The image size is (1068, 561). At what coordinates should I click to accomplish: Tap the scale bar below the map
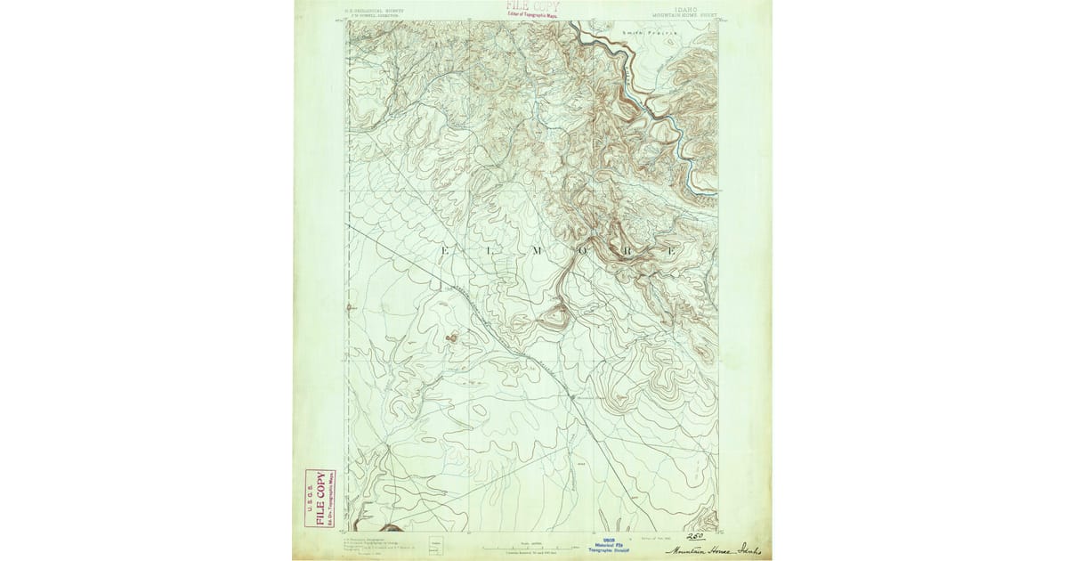530,545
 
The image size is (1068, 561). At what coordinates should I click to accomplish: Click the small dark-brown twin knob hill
452,337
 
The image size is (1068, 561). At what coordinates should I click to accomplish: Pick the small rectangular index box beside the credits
435,544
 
